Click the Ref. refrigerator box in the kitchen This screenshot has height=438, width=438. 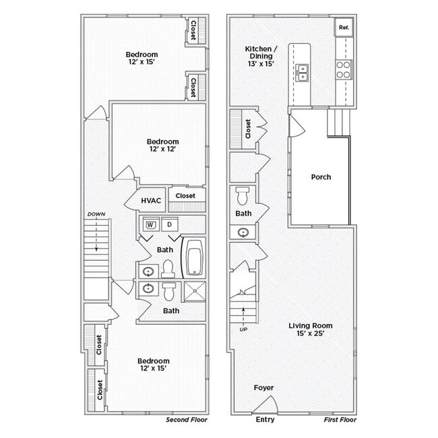[x=343, y=28]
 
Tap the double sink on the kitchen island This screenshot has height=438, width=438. [x=302, y=71]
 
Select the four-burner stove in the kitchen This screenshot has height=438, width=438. [x=343, y=69]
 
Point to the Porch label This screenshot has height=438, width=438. [x=321, y=177]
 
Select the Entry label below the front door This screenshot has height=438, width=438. [x=265, y=419]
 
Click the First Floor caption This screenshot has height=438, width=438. [x=340, y=419]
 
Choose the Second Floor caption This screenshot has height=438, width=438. [x=187, y=419]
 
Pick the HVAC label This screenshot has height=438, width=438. [x=150, y=200]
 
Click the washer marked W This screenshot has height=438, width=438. [x=150, y=224]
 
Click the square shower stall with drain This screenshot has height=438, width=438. [x=194, y=291]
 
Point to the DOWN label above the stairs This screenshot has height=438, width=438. [x=96, y=214]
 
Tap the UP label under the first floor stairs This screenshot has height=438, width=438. [x=243, y=329]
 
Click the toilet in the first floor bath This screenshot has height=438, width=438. [x=243, y=197]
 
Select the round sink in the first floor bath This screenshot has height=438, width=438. [x=243, y=232]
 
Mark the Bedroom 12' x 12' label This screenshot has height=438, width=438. [x=163, y=146]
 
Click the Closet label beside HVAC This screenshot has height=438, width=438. [x=185, y=195]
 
